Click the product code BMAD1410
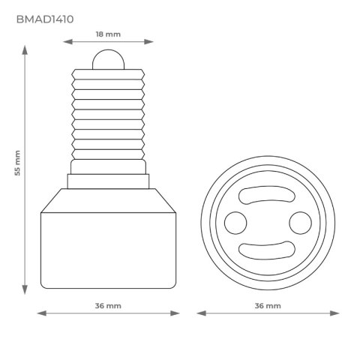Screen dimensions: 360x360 [x=44, y=19]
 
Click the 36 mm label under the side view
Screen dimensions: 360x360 [x=109, y=306]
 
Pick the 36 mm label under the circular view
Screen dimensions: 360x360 [x=268, y=306]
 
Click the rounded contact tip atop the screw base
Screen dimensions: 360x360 [x=109, y=58]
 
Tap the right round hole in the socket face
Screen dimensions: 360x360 [x=300, y=221]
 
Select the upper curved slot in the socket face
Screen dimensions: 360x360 [x=268, y=194]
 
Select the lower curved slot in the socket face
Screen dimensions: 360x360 [x=268, y=249]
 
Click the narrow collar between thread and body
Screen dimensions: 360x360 [x=109, y=181]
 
